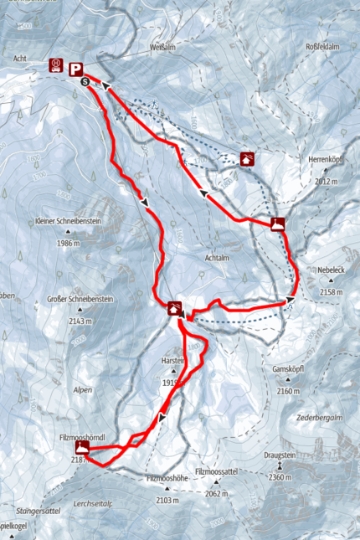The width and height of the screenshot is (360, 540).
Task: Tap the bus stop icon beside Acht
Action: tap(57, 64)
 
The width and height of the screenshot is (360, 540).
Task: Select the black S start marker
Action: tap(85, 82)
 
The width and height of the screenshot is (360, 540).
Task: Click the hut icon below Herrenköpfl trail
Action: tap(247, 158)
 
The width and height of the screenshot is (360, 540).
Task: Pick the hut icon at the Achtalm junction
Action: tap(175, 308)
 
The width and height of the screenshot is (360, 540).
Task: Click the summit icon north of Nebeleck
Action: tap(278, 223)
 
